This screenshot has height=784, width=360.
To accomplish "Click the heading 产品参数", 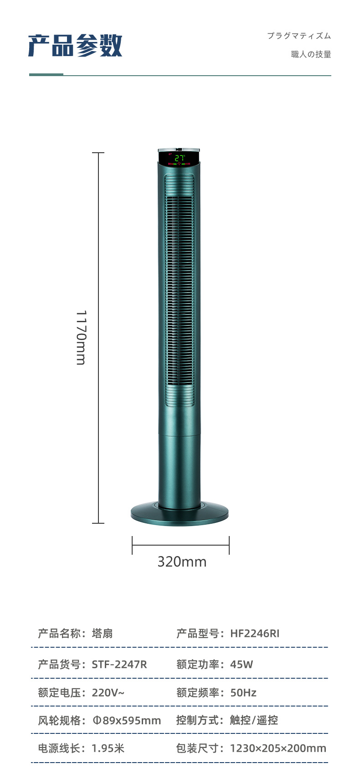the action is point(75,46).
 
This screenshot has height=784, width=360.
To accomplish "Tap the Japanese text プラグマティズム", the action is point(299,36).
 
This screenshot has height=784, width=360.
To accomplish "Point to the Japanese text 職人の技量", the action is point(311,54).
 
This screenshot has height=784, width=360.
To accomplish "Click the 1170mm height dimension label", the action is point(81,337).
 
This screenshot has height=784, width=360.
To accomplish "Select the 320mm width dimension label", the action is point(182,562).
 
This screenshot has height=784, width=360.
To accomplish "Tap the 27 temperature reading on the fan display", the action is point(180,158).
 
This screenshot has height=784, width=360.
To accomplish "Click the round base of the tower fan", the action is point(180,513).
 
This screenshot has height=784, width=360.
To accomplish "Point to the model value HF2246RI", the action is point(255,633).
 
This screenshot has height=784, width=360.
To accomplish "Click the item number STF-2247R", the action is point(119,665).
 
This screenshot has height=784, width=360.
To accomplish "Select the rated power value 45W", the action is point(242,665).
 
